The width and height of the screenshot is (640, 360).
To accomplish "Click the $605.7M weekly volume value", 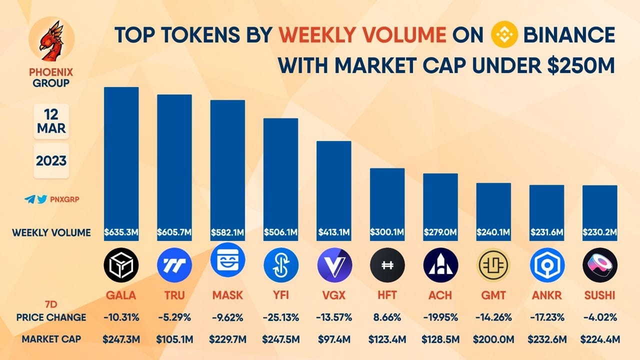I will click(174, 232).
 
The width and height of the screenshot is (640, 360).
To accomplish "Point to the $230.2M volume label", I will click(600, 232).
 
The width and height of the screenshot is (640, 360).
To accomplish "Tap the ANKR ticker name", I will click(547, 295).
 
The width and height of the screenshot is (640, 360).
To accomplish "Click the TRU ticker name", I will click(174, 295).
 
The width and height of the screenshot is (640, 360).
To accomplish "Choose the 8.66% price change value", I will click(387, 317).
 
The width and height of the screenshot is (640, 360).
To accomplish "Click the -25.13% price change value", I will click(280, 317).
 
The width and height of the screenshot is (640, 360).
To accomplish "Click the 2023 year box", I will click(51, 160).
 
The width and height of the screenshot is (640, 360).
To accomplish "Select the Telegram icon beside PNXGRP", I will click(29, 199).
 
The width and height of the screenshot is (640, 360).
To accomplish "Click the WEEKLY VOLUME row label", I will click(51, 232).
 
